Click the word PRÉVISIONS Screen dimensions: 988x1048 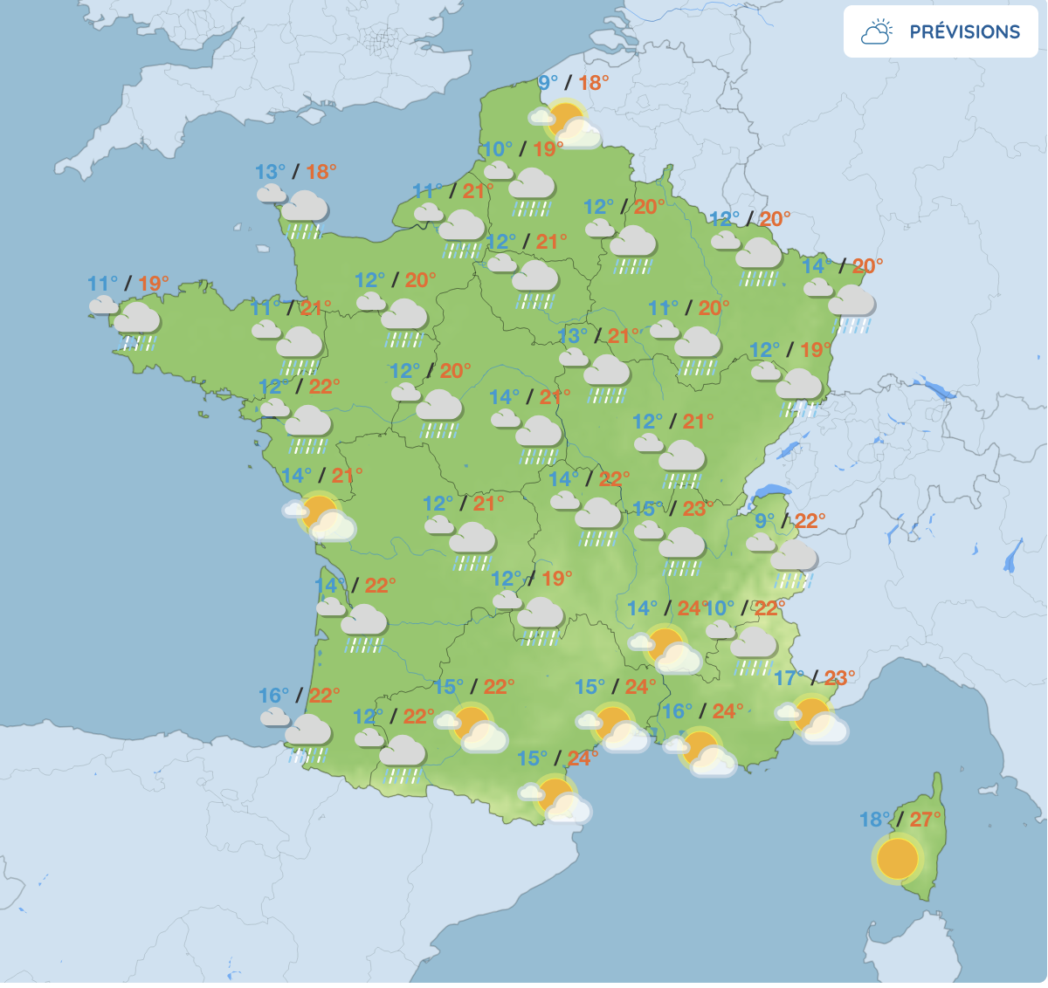pos(964,32)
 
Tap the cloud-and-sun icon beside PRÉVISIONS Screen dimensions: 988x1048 pos(876,32)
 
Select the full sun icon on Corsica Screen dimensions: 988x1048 pos(897,858)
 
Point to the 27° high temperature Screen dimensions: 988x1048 pos(926,820)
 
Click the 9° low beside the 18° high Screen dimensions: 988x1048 pos(548,83)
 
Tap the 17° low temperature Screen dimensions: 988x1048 pos(789,678)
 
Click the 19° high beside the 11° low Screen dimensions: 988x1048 pos(154,284)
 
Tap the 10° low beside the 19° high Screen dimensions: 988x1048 pos(498,149)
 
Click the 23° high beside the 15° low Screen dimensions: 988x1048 pos(698,509)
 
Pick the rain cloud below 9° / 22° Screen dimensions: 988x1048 pos(792,560)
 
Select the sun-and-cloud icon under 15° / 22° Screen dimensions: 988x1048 pos(473,727)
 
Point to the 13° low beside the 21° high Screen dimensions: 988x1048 pos(573,336)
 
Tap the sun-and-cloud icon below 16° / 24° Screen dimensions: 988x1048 pos(701,752)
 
